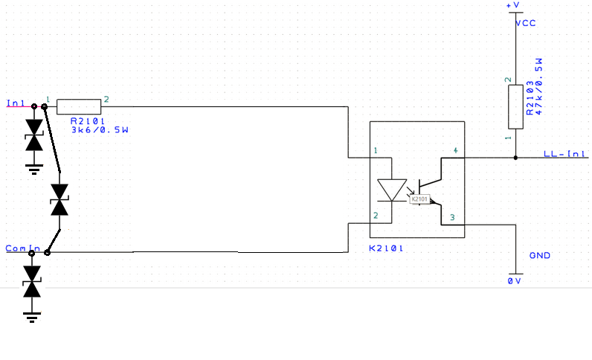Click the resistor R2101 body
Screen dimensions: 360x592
78,106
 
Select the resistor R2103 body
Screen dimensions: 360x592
515,106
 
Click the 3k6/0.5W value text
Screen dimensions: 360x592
100,130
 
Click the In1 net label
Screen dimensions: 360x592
16,103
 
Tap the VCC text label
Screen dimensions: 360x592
526,23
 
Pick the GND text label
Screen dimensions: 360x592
539,256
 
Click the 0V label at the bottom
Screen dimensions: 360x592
515,281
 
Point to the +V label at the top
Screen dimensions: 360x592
514,5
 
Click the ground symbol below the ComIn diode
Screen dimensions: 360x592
32,318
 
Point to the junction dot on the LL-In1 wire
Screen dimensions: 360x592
515,158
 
